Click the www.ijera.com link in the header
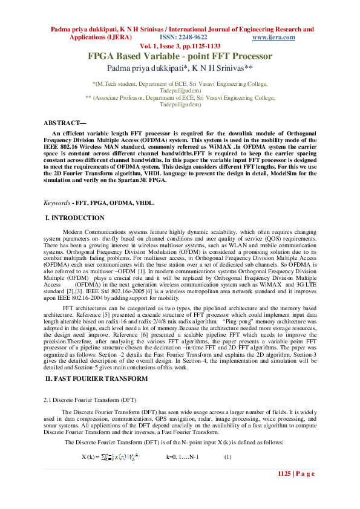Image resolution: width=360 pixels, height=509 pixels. coord(273,37)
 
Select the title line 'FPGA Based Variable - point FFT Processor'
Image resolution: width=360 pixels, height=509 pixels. coord(180,56)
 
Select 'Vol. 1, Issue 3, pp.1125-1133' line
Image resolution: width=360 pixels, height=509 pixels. coord(180,46)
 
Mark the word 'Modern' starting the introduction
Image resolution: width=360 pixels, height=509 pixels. coord(74,232)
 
